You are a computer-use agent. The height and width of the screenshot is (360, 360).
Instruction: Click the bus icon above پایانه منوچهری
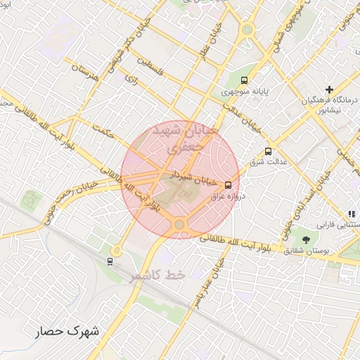point(244,80)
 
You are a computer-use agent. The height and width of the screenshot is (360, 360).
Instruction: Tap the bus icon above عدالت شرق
point(268,151)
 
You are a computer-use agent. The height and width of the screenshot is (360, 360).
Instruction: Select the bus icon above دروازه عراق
point(227,185)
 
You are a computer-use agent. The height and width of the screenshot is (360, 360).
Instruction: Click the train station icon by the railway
point(110,262)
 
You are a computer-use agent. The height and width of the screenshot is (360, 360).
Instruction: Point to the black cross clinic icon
point(329,89)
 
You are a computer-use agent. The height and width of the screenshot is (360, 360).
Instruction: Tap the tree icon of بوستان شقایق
point(305,240)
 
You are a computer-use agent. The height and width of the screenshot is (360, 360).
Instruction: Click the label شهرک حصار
point(70,330)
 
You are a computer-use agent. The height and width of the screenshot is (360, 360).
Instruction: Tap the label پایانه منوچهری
point(244,92)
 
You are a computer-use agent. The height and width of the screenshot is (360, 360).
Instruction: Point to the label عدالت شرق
point(267,163)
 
